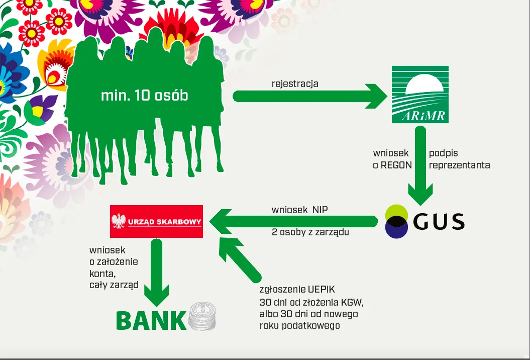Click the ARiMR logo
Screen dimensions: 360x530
click(x=420, y=95)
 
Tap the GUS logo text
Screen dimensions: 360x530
click(x=439, y=221)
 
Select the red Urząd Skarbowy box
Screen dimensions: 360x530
click(x=157, y=221)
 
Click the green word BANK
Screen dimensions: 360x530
click(x=151, y=320)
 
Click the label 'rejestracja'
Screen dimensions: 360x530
click(x=295, y=83)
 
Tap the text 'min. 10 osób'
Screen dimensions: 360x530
click(x=145, y=95)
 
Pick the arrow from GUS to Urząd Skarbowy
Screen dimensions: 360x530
click(x=294, y=221)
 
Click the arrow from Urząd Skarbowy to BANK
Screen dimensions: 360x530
click(x=156, y=272)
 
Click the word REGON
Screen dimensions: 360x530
click(x=399, y=165)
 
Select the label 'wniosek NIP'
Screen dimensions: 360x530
click(x=299, y=210)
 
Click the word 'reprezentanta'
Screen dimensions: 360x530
click(x=459, y=165)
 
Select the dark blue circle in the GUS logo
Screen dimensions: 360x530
click(x=396, y=229)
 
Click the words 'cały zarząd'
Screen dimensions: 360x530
click(x=114, y=285)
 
